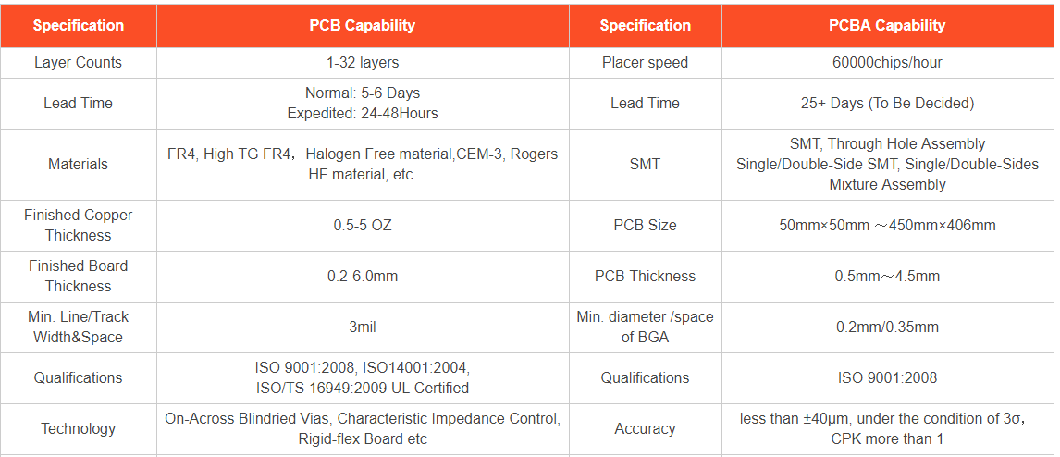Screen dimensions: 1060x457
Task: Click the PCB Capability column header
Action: click(x=363, y=26)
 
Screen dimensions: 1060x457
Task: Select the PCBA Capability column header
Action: click(x=887, y=26)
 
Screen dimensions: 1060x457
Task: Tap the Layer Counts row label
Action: click(x=79, y=63)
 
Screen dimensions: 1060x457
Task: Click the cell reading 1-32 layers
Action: click(x=363, y=63)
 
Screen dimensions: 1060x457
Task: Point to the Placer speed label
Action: click(x=645, y=63)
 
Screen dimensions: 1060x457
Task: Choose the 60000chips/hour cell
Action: click(x=887, y=63)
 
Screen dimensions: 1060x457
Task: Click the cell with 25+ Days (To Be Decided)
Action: click(x=887, y=104)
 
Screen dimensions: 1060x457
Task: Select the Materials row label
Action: click(x=79, y=165)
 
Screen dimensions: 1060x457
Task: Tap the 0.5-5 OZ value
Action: click(x=363, y=225)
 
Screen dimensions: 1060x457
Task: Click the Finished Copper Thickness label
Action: click(x=79, y=225)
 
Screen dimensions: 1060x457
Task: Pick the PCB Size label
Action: click(x=645, y=225)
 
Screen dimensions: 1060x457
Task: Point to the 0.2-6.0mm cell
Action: click(x=363, y=276)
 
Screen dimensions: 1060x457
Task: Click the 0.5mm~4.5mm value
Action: click(x=887, y=276)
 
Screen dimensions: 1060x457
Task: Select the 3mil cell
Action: click(x=363, y=327)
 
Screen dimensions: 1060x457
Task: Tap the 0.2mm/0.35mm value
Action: click(x=887, y=327)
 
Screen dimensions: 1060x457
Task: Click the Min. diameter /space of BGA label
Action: click(x=645, y=327)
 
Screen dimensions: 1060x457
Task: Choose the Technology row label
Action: click(x=79, y=428)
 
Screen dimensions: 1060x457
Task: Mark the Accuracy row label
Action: click(x=645, y=428)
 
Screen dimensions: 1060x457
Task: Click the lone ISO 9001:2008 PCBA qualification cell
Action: click(x=887, y=377)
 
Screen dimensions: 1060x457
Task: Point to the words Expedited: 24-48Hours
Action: click(x=363, y=114)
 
